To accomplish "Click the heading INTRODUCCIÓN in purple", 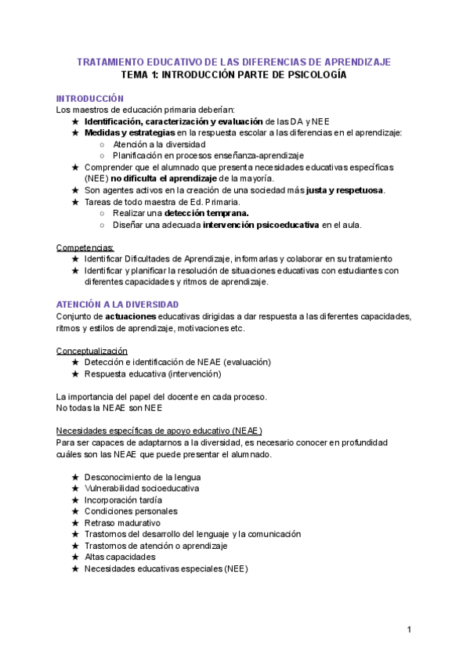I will click(x=89, y=99).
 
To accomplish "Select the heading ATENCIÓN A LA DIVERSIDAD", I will click(x=117, y=304).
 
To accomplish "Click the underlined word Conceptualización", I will click(x=92, y=351).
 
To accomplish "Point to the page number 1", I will click(x=410, y=630).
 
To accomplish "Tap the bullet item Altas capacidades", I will click(x=119, y=557).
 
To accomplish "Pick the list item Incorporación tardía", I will click(x=123, y=500).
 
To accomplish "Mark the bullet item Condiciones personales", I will click(x=130, y=511).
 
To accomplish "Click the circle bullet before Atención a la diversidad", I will click(x=103, y=144).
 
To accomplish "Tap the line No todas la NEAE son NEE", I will click(x=109, y=408).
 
